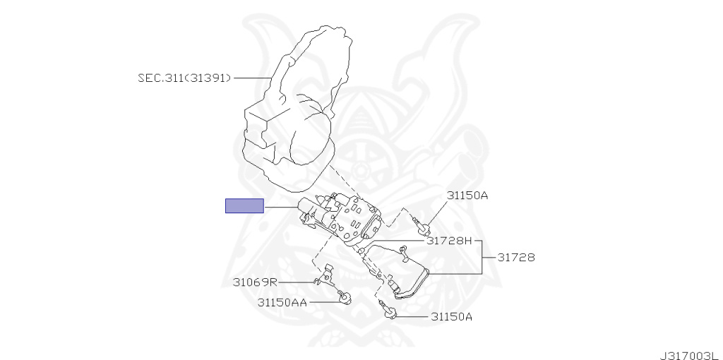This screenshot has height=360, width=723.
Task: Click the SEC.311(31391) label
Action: pos(184,78)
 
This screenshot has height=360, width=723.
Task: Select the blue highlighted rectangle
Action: pos(244,206)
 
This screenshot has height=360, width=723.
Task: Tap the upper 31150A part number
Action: pos(466,195)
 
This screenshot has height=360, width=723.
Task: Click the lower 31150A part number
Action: pos(451,317)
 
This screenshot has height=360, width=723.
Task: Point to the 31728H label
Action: pos(448,241)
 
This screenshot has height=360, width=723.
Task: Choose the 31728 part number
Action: pos(515,258)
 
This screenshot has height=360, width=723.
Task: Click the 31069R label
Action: pos(255,282)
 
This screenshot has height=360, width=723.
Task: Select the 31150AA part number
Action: pos(282,302)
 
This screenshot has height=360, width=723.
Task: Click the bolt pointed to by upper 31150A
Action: pos(423,227)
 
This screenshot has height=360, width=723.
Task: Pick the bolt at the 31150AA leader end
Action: pos(344,297)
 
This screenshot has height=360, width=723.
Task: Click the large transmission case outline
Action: pos(289,113)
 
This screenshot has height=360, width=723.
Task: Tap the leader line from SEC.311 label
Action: pos(252,78)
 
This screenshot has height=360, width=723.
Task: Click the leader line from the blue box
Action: pos(281,207)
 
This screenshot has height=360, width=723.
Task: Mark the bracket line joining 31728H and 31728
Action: pos(482,257)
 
